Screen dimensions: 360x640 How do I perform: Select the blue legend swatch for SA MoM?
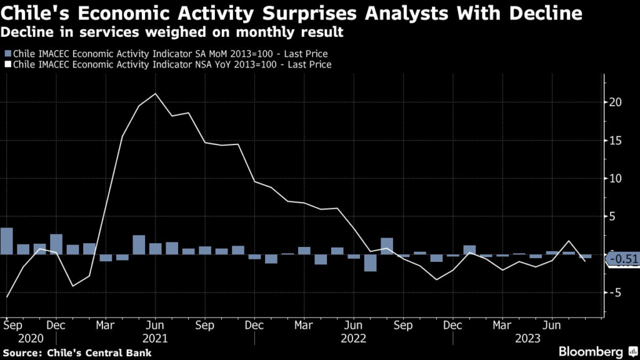pos(7,54)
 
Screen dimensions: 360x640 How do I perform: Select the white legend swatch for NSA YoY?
pos(7,64)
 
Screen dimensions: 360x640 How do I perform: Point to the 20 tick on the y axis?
pos(616,102)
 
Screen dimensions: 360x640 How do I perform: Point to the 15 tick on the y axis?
pos(616,140)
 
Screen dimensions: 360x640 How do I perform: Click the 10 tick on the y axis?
pos(616,178)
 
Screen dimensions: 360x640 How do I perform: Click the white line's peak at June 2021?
pos(155,94)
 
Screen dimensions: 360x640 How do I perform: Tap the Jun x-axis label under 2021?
pos(155,326)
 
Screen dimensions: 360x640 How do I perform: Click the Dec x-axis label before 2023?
pos(452,326)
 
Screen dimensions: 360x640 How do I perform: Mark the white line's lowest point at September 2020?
pos(7,297)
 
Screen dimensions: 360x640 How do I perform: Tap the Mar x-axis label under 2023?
pos(502,326)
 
